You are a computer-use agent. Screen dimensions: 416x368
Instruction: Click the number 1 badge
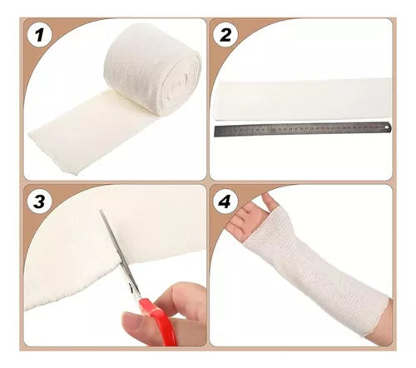[x=39, y=35]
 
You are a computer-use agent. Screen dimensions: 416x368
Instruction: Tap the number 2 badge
[x=225, y=35]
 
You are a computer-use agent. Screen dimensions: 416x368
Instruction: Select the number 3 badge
[x=39, y=201]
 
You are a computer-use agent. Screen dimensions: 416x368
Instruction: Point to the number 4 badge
[x=225, y=201]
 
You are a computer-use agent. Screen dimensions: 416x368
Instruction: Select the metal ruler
[x=303, y=129]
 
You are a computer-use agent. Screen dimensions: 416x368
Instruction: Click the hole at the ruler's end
[x=386, y=127]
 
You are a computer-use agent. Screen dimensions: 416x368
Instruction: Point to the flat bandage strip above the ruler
[x=302, y=99]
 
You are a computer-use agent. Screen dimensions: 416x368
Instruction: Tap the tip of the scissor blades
[x=102, y=211]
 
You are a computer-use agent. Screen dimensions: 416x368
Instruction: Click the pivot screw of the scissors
[x=131, y=289]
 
